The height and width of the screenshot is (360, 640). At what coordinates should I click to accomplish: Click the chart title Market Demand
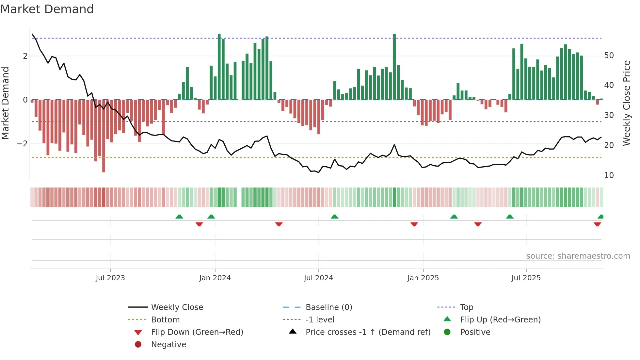point(47,9)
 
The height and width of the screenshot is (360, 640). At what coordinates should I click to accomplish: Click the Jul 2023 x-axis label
point(110,278)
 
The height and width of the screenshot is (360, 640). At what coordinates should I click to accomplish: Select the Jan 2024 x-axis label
point(215,278)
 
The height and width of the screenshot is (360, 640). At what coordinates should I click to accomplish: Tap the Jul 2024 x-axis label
point(318,278)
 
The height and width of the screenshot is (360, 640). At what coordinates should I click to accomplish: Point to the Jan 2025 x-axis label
point(423,278)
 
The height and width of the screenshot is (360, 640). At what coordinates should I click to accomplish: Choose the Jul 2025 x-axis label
point(526,278)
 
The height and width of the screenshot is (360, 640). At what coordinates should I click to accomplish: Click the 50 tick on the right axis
point(609,56)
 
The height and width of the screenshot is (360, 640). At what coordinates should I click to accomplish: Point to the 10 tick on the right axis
point(609,175)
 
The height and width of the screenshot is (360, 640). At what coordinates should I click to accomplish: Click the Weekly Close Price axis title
point(626,103)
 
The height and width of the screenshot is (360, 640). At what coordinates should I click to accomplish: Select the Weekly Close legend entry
point(177,307)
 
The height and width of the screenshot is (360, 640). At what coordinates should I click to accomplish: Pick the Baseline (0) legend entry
point(328,307)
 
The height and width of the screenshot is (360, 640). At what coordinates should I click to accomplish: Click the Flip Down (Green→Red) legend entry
point(197,332)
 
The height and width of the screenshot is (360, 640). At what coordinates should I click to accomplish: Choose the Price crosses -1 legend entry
point(368,332)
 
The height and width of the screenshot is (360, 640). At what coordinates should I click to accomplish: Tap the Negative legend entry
point(168,345)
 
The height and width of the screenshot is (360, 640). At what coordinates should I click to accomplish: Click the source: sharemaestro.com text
point(578,256)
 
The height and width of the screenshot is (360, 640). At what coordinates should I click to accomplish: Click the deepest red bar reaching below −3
point(104,137)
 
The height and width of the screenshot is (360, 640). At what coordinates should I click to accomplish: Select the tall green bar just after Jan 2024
point(219,67)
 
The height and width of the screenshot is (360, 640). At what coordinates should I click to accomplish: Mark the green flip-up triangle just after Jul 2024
point(334,217)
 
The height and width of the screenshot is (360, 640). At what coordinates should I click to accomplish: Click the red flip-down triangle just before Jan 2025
point(414,224)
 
